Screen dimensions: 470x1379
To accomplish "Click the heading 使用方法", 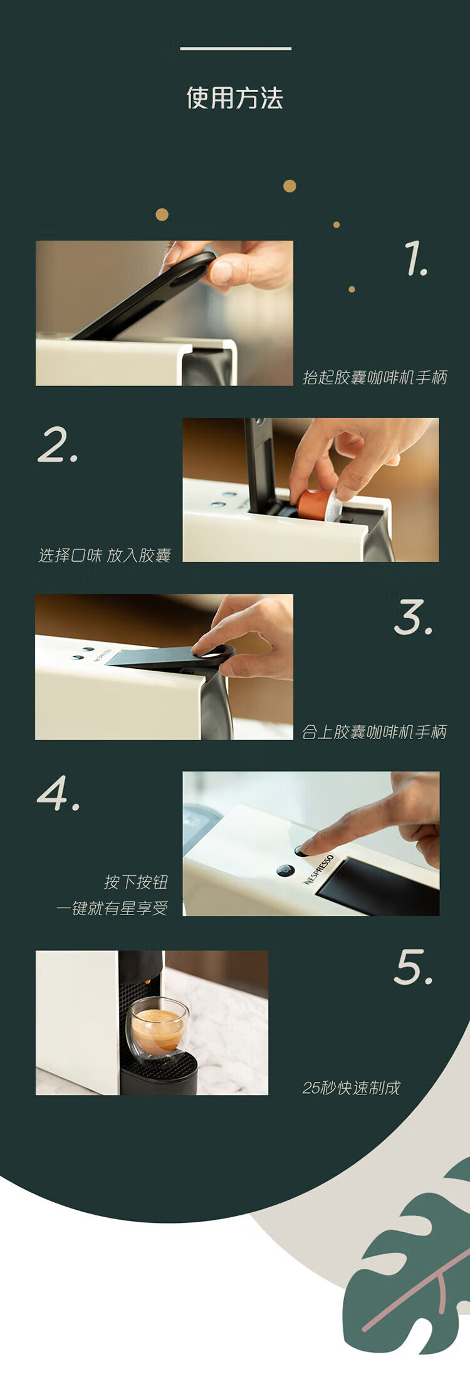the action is tap(235, 98).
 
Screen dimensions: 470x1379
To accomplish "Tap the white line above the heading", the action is tap(236, 48).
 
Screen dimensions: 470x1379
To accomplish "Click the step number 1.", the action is tap(415, 258).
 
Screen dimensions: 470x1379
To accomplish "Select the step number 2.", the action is tap(58, 444).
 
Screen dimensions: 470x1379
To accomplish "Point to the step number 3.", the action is tap(414, 617).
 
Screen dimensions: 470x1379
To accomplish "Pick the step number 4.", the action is tap(58, 793).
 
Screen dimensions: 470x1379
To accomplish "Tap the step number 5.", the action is tap(414, 967).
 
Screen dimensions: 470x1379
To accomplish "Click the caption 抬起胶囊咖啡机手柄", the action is tap(375, 377).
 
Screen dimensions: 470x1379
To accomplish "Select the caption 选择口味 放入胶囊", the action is tap(105, 555).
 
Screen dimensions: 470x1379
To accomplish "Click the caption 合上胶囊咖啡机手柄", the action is tap(374, 732).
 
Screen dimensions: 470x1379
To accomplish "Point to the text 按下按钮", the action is tap(136, 882).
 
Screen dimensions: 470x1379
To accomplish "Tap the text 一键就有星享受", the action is tap(112, 908).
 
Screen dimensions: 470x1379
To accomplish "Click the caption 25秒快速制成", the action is tap(351, 1088).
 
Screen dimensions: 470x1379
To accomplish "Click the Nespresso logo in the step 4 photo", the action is tap(318, 869).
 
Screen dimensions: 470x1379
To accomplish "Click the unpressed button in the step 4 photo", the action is tap(285, 871).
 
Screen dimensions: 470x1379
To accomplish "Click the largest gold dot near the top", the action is tap(290, 186).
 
